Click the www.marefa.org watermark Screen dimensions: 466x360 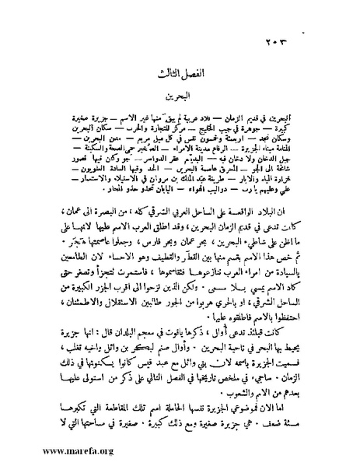coord(53,450)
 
